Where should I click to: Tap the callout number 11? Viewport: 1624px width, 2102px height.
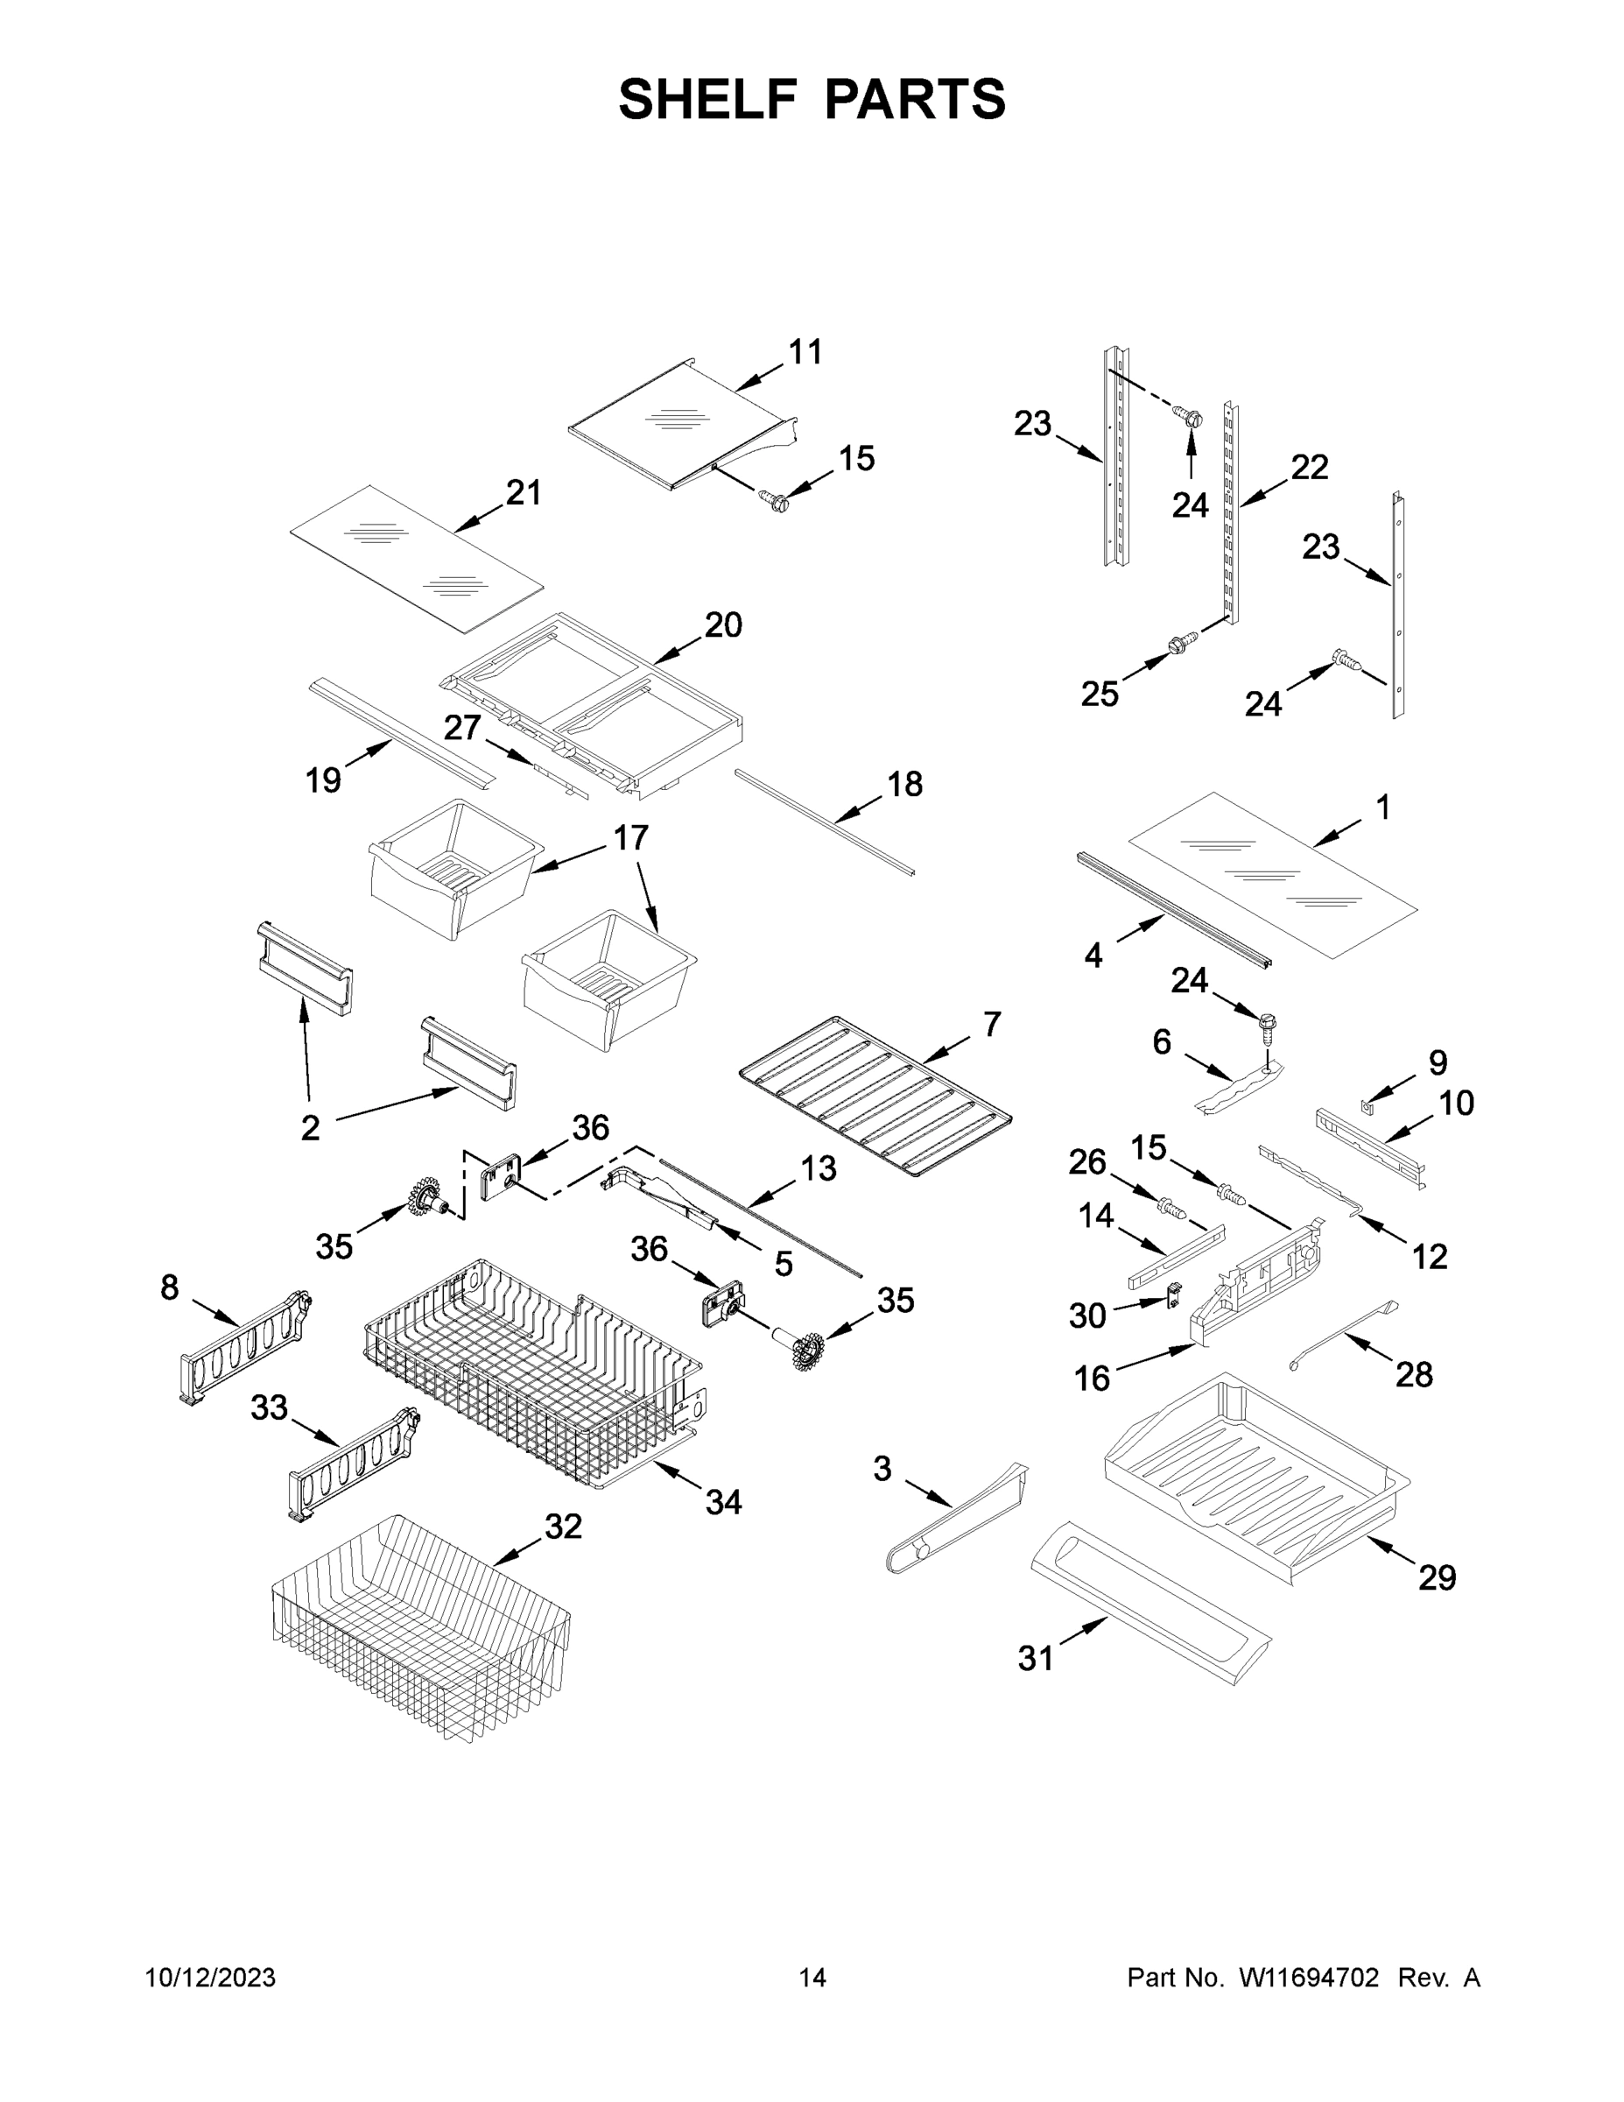click(x=805, y=352)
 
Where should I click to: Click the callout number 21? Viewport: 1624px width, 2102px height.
click(x=524, y=493)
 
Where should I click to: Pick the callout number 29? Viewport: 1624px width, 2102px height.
click(x=1437, y=1577)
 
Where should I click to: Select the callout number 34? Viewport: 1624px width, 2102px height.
click(x=723, y=1501)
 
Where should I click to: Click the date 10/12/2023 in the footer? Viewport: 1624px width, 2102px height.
click(x=210, y=1977)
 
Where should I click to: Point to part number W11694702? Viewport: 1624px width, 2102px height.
click(x=1309, y=1977)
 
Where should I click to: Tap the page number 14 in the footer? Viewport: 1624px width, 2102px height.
click(x=812, y=1977)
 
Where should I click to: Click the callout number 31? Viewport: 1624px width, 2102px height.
click(x=1035, y=1657)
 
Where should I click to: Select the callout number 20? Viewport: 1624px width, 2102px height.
click(x=723, y=624)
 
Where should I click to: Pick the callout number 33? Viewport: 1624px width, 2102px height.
click(x=270, y=1407)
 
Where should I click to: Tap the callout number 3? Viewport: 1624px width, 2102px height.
click(x=882, y=1468)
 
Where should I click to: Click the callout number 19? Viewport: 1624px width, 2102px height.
click(x=323, y=779)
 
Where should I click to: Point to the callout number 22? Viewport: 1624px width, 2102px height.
click(x=1310, y=467)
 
